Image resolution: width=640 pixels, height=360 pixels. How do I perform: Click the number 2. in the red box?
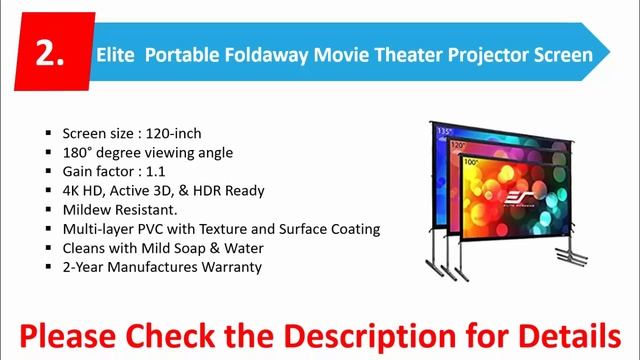[49, 54]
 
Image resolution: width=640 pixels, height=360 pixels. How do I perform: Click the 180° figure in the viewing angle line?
[77, 152]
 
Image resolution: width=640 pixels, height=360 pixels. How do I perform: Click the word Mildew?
[86, 209]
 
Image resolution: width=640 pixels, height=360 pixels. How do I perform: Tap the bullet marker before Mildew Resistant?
[48, 210]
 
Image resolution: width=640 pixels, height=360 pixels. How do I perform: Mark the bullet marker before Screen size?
[48, 133]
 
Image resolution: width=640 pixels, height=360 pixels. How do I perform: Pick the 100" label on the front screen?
[470, 161]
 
